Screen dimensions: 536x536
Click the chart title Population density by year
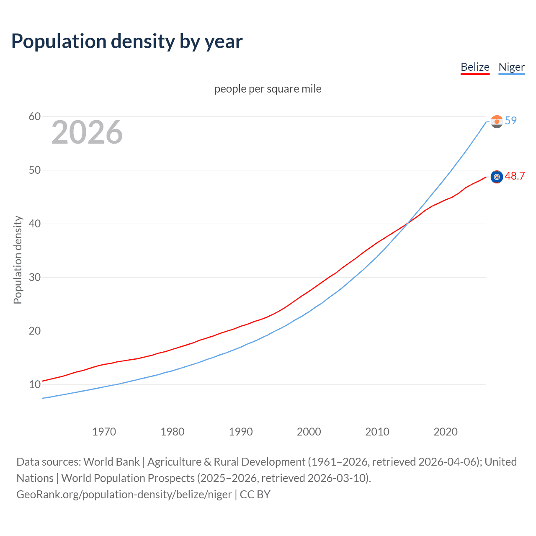click(127, 41)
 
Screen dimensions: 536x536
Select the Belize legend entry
click(475, 67)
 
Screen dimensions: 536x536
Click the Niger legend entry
click(511, 67)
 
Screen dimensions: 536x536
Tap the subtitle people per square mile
click(268, 89)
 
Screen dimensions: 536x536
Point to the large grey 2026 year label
click(87, 132)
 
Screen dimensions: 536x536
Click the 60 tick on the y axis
click(35, 116)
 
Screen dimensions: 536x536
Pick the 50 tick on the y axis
click(35, 170)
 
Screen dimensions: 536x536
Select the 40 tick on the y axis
click(35, 224)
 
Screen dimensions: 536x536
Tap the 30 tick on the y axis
click(35, 277)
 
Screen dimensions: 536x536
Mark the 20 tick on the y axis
click(35, 331)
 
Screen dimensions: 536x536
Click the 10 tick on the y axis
click(35, 384)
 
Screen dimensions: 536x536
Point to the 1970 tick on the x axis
click(104, 432)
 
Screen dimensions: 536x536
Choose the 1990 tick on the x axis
click(241, 432)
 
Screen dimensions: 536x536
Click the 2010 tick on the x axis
click(377, 432)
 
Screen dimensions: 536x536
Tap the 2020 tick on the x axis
click(446, 432)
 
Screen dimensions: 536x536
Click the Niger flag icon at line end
click(497, 122)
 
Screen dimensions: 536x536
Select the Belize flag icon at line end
click(497, 177)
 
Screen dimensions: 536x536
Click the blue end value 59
click(511, 121)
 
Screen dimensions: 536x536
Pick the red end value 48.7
click(515, 176)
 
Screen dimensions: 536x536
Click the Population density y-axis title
click(18, 260)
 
